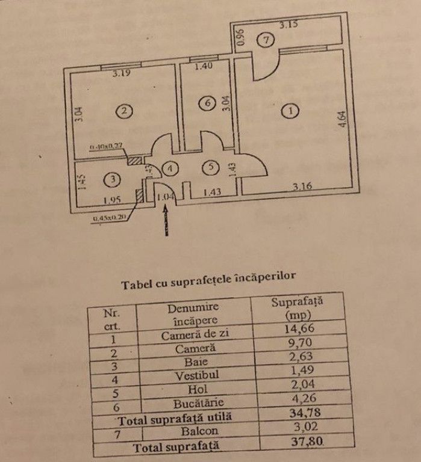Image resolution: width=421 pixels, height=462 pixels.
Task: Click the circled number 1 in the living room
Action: click(290, 111)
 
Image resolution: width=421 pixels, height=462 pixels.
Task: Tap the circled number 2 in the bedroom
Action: click(123, 111)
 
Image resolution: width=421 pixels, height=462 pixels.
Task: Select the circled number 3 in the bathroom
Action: click(109, 179)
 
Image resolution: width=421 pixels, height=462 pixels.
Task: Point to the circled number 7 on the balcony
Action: click(269, 40)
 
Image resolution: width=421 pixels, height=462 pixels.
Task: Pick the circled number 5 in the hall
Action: click(208, 168)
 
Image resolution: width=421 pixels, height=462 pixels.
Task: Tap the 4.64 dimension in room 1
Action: click(341, 116)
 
